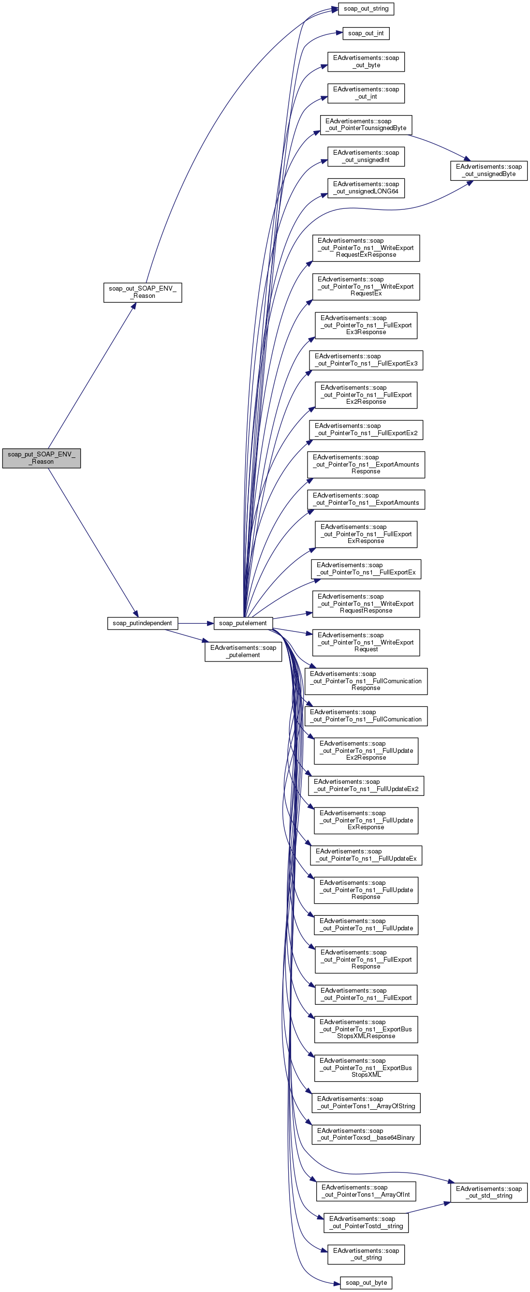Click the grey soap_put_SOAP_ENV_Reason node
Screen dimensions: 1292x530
click(41, 458)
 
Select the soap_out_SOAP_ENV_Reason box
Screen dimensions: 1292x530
click(142, 292)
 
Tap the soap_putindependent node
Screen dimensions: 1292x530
click(142, 623)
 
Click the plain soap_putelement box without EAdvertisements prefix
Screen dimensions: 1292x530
click(243, 623)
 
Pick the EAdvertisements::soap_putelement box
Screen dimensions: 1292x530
click(243, 651)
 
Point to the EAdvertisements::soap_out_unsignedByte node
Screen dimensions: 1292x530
click(488, 170)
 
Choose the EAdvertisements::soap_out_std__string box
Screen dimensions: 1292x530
click(488, 1192)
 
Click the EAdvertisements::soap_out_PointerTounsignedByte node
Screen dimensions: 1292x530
click(366, 124)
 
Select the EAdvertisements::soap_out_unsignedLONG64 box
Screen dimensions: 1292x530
click(366, 188)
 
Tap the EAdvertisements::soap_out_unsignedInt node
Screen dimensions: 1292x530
click(366, 156)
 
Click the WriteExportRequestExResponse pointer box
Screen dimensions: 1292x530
click(366, 248)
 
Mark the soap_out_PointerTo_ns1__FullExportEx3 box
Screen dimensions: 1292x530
click(366, 360)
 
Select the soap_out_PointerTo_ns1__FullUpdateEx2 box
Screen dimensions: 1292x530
click(366, 785)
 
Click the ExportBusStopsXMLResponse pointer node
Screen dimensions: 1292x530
click(366, 1028)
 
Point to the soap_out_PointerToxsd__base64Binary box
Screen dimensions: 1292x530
click(366, 1134)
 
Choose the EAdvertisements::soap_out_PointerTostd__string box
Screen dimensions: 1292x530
click(366, 1222)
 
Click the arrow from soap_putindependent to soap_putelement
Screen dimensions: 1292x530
click(195, 623)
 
